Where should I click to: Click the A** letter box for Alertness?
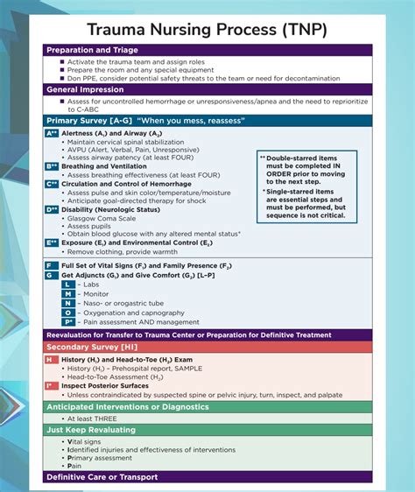point(52,133)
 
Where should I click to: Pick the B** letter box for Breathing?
point(52,165)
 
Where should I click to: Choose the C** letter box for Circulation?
point(52,184)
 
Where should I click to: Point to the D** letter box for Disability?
point(52,210)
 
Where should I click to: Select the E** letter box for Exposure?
point(52,242)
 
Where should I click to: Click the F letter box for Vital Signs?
point(51,264)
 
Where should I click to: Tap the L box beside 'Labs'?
point(67,285)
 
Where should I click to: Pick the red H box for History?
point(51,360)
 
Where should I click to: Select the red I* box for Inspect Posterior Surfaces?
point(52,385)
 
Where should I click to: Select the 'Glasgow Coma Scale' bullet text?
point(101,220)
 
